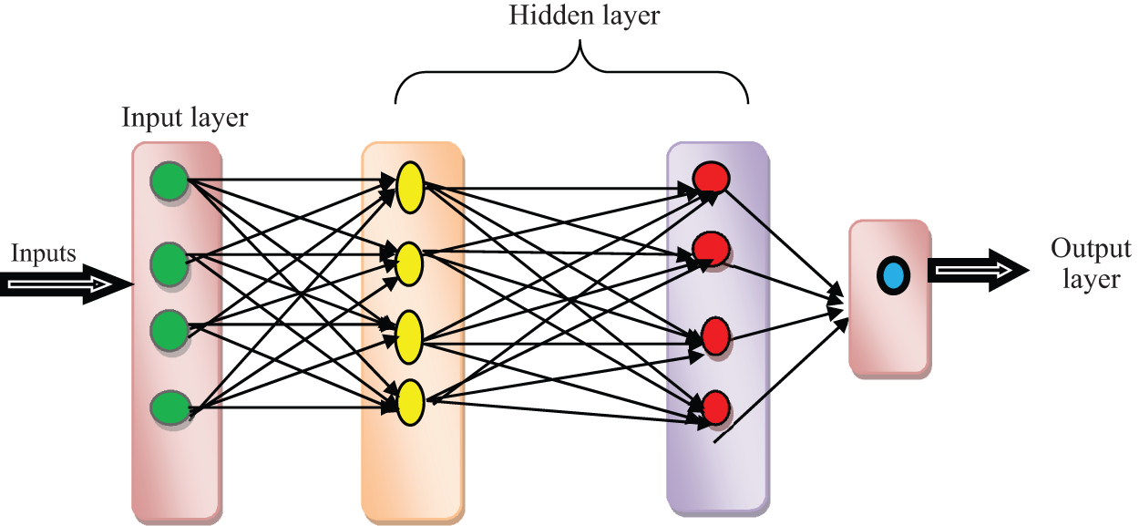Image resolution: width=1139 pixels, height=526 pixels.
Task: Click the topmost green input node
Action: pyautogui.click(x=169, y=182)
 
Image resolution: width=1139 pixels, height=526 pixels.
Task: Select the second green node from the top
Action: pyautogui.click(x=169, y=263)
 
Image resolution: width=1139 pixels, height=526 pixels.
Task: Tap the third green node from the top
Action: pyautogui.click(x=169, y=326)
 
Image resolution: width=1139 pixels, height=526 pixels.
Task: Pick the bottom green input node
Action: pyautogui.click(x=169, y=407)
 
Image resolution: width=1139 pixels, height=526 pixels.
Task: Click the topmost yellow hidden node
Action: pyautogui.click(x=409, y=188)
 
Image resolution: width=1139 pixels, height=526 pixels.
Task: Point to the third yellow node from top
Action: pyautogui.click(x=409, y=335)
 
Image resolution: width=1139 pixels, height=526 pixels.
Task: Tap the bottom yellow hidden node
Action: pyautogui.click(x=409, y=402)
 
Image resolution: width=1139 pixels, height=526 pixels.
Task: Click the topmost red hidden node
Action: pyautogui.click(x=709, y=179)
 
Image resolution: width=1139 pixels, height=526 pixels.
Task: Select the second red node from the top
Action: pyautogui.click(x=709, y=248)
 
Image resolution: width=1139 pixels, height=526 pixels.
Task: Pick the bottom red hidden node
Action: pyautogui.click(x=714, y=407)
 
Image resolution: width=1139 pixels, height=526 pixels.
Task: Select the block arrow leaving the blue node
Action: pyautogui.click(x=975, y=270)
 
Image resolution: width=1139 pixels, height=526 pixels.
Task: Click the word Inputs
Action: pyautogui.click(x=44, y=253)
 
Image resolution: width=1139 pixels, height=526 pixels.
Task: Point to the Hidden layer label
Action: pyautogui.click(x=583, y=15)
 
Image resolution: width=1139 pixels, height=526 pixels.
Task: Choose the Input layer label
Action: pyautogui.click(x=185, y=118)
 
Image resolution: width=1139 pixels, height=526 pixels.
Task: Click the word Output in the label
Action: pyautogui.click(x=1091, y=249)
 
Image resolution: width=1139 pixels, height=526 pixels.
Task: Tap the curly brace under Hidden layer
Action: pyautogui.click(x=571, y=73)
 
